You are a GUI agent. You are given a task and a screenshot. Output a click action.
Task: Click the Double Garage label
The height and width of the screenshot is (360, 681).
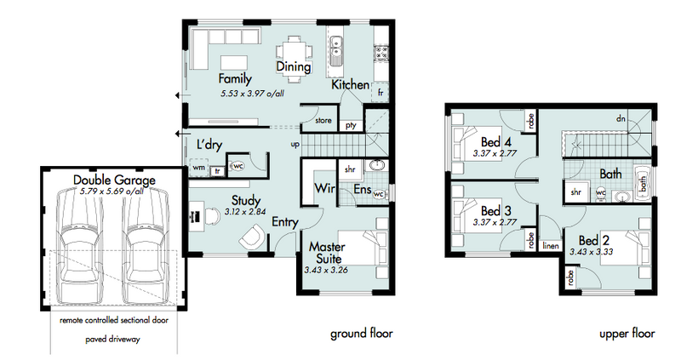click(x=114, y=180)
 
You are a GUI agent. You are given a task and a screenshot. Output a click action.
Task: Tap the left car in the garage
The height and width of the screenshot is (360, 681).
click(x=81, y=245)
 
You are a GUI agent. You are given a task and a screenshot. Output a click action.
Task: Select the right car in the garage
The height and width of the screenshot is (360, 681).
click(x=146, y=245)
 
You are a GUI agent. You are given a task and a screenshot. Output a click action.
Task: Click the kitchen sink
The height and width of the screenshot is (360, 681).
click(x=335, y=51)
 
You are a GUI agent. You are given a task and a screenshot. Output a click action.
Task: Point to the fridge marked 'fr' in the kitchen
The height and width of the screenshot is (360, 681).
click(x=380, y=92)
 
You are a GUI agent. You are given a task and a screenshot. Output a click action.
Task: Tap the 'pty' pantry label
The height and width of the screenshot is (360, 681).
click(x=351, y=125)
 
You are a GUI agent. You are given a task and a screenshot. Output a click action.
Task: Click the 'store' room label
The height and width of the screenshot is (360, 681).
click(x=323, y=120)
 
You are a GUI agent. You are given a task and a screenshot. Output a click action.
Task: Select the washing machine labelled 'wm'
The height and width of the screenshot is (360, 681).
click(x=199, y=167)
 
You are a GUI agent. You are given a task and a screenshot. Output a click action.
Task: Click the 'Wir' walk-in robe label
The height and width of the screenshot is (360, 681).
click(x=324, y=188)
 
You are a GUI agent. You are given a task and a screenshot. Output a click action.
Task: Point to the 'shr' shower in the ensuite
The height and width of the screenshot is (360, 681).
click(x=350, y=169)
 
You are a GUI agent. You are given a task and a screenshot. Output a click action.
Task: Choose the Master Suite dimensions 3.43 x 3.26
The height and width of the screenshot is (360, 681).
click(x=326, y=270)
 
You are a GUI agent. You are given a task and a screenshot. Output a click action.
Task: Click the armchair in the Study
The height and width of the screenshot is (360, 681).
click(x=252, y=237)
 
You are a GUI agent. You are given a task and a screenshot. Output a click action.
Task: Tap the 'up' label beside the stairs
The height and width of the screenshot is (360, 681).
click(x=295, y=144)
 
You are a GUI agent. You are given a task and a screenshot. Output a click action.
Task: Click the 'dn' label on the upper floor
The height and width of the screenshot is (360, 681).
click(x=621, y=118)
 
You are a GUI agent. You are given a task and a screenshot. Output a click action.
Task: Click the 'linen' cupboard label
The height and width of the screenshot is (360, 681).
click(x=551, y=246)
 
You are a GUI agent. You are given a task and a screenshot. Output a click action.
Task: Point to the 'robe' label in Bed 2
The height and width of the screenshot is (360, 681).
click(x=570, y=277)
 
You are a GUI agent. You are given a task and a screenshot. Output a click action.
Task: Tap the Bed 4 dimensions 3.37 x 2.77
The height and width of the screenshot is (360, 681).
click(x=495, y=153)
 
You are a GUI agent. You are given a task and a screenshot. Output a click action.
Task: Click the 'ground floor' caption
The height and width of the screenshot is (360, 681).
click(x=361, y=334)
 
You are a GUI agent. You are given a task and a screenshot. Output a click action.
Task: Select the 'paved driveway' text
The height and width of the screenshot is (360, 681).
click(x=113, y=340)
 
